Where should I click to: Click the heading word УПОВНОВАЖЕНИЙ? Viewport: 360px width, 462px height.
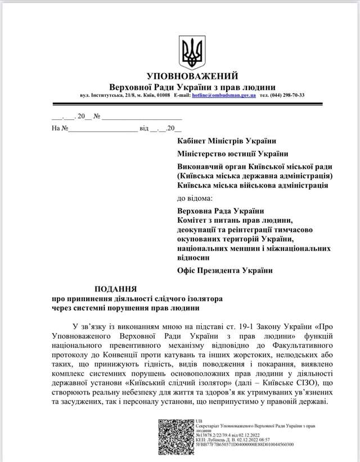click(192, 76)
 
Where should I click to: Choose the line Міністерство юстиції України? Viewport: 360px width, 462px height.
click(232, 153)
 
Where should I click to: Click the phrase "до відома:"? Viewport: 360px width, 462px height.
click(195, 198)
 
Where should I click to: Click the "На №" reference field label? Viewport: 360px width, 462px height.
click(60, 128)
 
